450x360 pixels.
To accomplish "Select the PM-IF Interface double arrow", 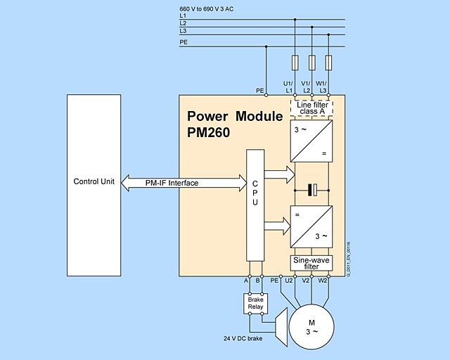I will point(181,184).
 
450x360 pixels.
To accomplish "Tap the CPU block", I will point(254,211).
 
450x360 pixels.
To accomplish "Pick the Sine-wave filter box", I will point(311,263).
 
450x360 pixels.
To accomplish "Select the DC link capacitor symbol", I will point(311,188).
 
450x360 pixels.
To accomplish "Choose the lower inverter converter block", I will point(311,226).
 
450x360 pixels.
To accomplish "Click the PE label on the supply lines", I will point(184,42).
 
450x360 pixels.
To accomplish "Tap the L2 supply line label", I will point(184,23).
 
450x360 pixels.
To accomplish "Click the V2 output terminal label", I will point(306,281).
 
